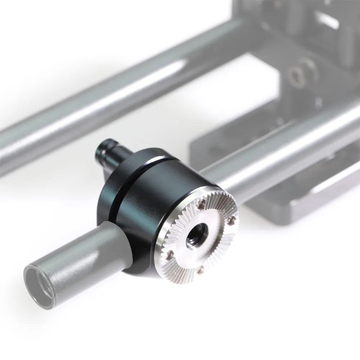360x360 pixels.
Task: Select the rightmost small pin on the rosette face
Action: [233, 219]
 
